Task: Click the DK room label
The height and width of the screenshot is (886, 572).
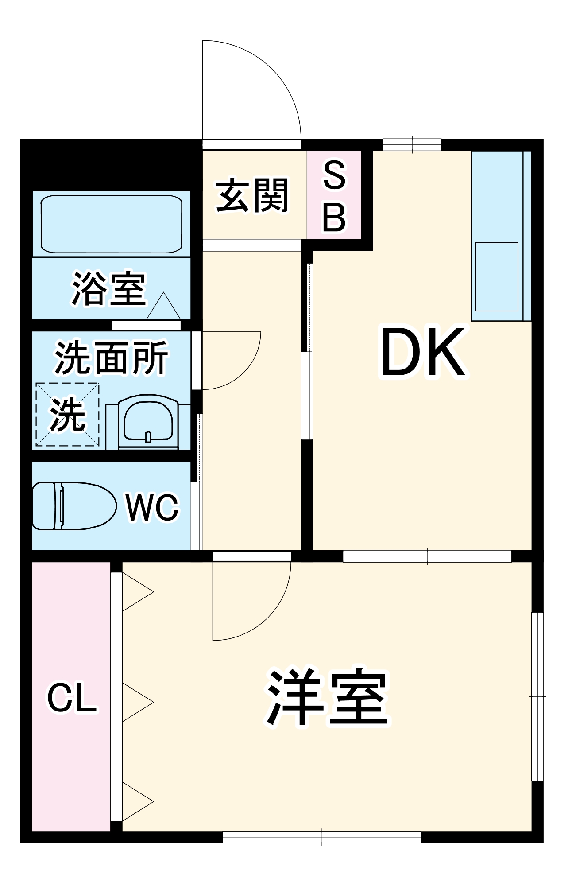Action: [423, 353]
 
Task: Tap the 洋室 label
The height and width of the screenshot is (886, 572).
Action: [327, 698]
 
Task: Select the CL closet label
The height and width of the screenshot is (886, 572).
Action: [72, 699]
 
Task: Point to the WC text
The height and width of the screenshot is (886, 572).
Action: [152, 508]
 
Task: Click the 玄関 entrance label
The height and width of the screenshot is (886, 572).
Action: [252, 195]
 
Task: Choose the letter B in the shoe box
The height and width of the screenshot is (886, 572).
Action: [334, 217]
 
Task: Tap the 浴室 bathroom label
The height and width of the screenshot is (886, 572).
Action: [109, 288]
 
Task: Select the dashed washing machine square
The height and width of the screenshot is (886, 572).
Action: [67, 415]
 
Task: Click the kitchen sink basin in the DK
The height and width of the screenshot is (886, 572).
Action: [496, 277]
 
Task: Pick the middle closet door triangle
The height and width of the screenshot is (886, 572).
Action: [138, 703]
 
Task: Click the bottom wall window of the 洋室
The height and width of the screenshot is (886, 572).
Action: [322, 837]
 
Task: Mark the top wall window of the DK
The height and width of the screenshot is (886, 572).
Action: [412, 145]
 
